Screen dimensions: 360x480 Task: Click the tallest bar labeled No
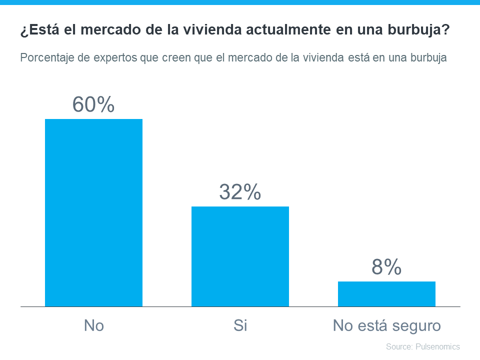point(93,212)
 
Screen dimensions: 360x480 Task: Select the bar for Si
point(240,256)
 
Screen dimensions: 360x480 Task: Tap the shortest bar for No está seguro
point(386,294)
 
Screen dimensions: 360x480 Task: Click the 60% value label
point(93,104)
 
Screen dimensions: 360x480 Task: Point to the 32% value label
point(240,192)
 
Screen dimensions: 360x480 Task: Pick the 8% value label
point(386,267)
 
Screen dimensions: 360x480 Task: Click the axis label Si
point(240,326)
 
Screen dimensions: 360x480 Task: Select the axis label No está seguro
point(386,326)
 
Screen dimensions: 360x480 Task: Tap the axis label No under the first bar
point(93,326)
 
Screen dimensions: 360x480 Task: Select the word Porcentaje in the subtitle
point(45,57)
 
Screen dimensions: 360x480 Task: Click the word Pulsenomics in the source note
point(437,346)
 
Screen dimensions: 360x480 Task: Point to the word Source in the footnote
point(398,346)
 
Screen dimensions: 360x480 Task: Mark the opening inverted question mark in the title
point(23,31)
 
